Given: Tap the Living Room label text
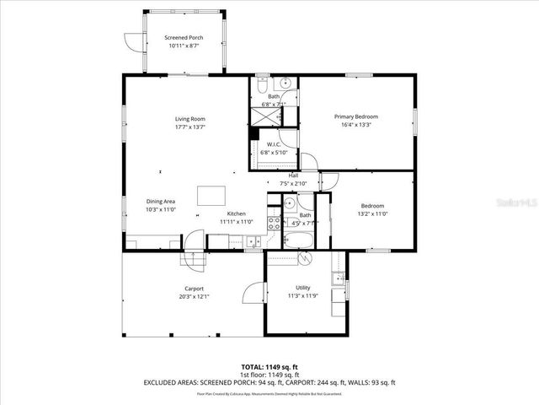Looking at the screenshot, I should pyautogui.click(x=189, y=119).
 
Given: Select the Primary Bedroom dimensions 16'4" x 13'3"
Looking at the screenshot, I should pyautogui.click(x=355, y=125).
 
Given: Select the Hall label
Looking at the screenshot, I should pyautogui.click(x=293, y=175).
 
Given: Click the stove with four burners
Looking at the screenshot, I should pyautogui.click(x=274, y=224).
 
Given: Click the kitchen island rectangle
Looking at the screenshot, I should pyautogui.click(x=212, y=196).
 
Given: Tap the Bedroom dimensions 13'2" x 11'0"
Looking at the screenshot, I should pyautogui.click(x=372, y=214).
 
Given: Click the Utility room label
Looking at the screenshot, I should pyautogui.click(x=302, y=288).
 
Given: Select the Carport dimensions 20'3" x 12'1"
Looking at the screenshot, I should pyautogui.click(x=194, y=297).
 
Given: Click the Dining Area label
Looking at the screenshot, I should pyautogui.click(x=160, y=201).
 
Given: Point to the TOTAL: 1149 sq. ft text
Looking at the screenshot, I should pyautogui.click(x=269, y=366).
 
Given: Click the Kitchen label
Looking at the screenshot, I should pyautogui.click(x=236, y=214).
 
